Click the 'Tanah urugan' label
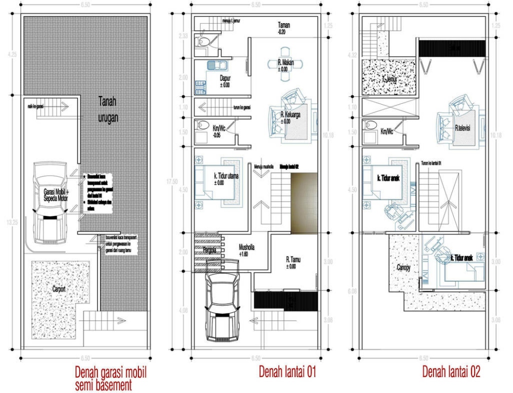pos(108,109)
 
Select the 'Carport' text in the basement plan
pos(59,288)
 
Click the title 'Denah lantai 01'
pos(287,371)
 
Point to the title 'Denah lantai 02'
pos(451,371)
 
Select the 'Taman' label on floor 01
pos(285,27)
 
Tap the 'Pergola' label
pos(208,251)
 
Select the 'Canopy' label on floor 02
pos(407,267)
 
